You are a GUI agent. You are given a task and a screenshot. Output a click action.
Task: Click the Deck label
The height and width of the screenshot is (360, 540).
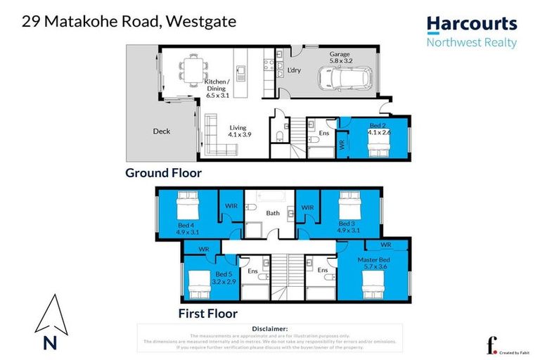coord(161,131)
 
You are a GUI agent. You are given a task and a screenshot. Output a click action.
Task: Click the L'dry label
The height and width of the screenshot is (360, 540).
coord(293,70)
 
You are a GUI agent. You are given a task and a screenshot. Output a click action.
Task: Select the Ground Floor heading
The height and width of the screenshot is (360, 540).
coord(163,173)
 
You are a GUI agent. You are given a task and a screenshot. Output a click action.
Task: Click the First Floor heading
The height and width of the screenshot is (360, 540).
coord(208,314)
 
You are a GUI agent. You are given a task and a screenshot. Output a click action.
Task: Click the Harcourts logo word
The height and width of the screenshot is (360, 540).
coord(472,24)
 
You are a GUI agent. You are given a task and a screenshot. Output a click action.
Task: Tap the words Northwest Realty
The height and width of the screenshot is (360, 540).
coord(472,43)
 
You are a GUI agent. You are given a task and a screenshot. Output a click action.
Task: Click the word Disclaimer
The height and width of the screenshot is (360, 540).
coord(269,328)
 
